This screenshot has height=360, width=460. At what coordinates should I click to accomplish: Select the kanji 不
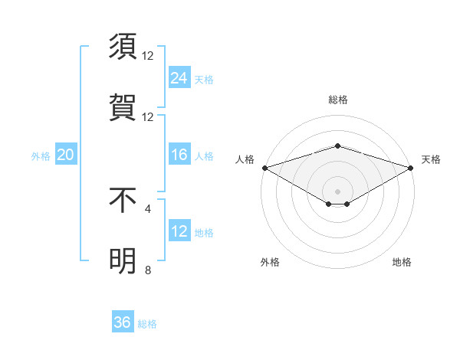pyautogui.click(x=123, y=200)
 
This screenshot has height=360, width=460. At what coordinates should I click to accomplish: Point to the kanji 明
pyautogui.click(x=123, y=261)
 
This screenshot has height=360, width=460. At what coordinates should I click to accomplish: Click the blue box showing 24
pyautogui.click(x=179, y=77)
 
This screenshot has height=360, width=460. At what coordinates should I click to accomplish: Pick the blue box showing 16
pyautogui.click(x=179, y=155)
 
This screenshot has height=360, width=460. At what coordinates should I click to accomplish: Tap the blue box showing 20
pyautogui.click(x=66, y=155)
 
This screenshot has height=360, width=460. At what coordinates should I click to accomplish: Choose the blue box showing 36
pyautogui.click(x=123, y=322)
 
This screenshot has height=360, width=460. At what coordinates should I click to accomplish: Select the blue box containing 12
pyautogui.click(x=179, y=231)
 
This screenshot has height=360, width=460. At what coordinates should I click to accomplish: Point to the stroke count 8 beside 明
pyautogui.click(x=148, y=270)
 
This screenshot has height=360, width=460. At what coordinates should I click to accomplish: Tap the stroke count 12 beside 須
pyautogui.click(x=148, y=55)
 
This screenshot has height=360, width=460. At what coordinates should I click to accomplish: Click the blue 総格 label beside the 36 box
pyautogui.click(x=147, y=324)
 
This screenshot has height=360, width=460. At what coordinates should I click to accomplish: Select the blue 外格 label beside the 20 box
pyautogui.click(x=41, y=156)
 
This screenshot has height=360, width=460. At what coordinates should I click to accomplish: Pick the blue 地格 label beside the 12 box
pyautogui.click(x=204, y=233)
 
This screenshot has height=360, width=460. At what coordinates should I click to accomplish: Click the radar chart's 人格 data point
pyautogui.click(x=264, y=168)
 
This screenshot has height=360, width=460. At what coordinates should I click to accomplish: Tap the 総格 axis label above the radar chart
pyautogui.click(x=337, y=100)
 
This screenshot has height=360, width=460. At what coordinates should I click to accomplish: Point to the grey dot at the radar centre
pyautogui.click(x=337, y=191)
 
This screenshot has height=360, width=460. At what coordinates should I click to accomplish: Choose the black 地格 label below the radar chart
pyautogui.click(x=402, y=262)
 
